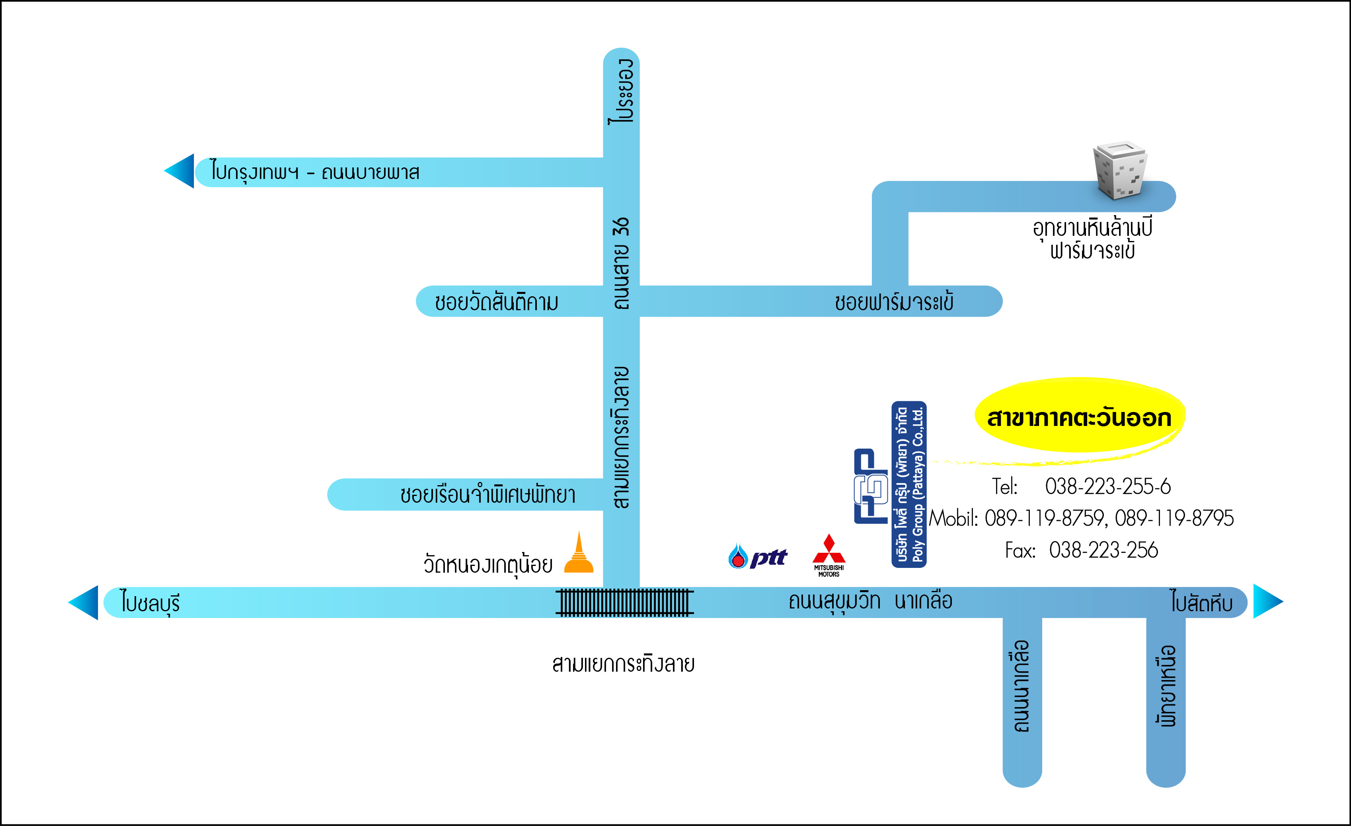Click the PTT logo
pos(758,556)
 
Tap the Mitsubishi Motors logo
pos(829,555)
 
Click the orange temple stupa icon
pos(579,552)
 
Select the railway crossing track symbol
pos(624,602)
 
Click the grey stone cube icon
pos(1119,170)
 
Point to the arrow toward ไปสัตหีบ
pos(1268,601)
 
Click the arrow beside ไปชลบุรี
pos(83,602)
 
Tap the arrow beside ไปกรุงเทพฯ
pos(179,171)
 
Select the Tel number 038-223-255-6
pos(1107,486)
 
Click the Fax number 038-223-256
pos(1103,550)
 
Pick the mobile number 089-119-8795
pos(1174,518)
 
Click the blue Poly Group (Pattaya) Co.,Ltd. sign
pos(908,484)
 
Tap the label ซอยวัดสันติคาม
pos(497,301)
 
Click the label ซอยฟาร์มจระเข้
pos(894,301)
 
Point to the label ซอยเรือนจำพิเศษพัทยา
pos(488,494)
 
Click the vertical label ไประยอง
pos(621,91)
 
